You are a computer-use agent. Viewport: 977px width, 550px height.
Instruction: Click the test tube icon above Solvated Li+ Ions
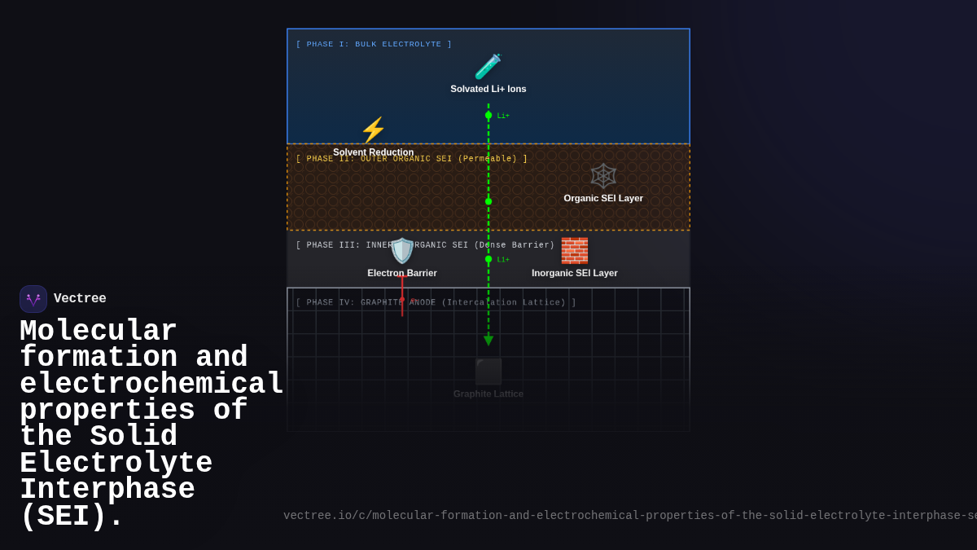click(x=488, y=67)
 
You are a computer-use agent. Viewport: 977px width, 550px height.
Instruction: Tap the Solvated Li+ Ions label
click(x=488, y=89)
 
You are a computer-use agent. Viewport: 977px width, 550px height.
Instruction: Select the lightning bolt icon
click(x=373, y=130)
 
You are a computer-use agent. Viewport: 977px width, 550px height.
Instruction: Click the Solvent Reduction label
click(x=373, y=152)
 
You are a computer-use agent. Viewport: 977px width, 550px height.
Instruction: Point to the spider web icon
click(x=603, y=175)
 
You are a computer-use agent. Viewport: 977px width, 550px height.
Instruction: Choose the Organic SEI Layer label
click(x=603, y=198)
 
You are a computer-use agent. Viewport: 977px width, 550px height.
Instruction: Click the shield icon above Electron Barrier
click(x=402, y=251)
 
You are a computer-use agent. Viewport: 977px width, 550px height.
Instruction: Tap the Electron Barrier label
click(x=402, y=273)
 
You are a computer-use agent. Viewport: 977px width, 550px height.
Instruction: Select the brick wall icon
click(x=574, y=250)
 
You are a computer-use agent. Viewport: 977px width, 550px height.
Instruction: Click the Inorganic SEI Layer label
click(x=575, y=273)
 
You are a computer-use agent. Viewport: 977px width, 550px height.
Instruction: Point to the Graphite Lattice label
click(x=488, y=394)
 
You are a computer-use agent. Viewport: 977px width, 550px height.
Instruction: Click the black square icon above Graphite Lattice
click(x=488, y=372)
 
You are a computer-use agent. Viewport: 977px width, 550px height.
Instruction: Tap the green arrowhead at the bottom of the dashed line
click(x=488, y=341)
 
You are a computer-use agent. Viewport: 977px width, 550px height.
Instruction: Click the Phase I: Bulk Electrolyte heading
click(x=374, y=44)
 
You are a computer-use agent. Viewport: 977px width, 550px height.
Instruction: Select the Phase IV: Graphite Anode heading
click(x=436, y=302)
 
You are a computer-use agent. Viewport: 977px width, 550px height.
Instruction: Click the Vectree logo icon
click(x=33, y=299)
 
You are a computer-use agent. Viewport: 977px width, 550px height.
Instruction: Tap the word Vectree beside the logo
click(x=80, y=299)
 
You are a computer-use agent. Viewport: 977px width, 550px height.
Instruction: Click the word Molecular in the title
click(x=99, y=331)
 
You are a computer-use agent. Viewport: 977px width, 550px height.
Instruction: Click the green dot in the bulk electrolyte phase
click(x=488, y=115)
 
